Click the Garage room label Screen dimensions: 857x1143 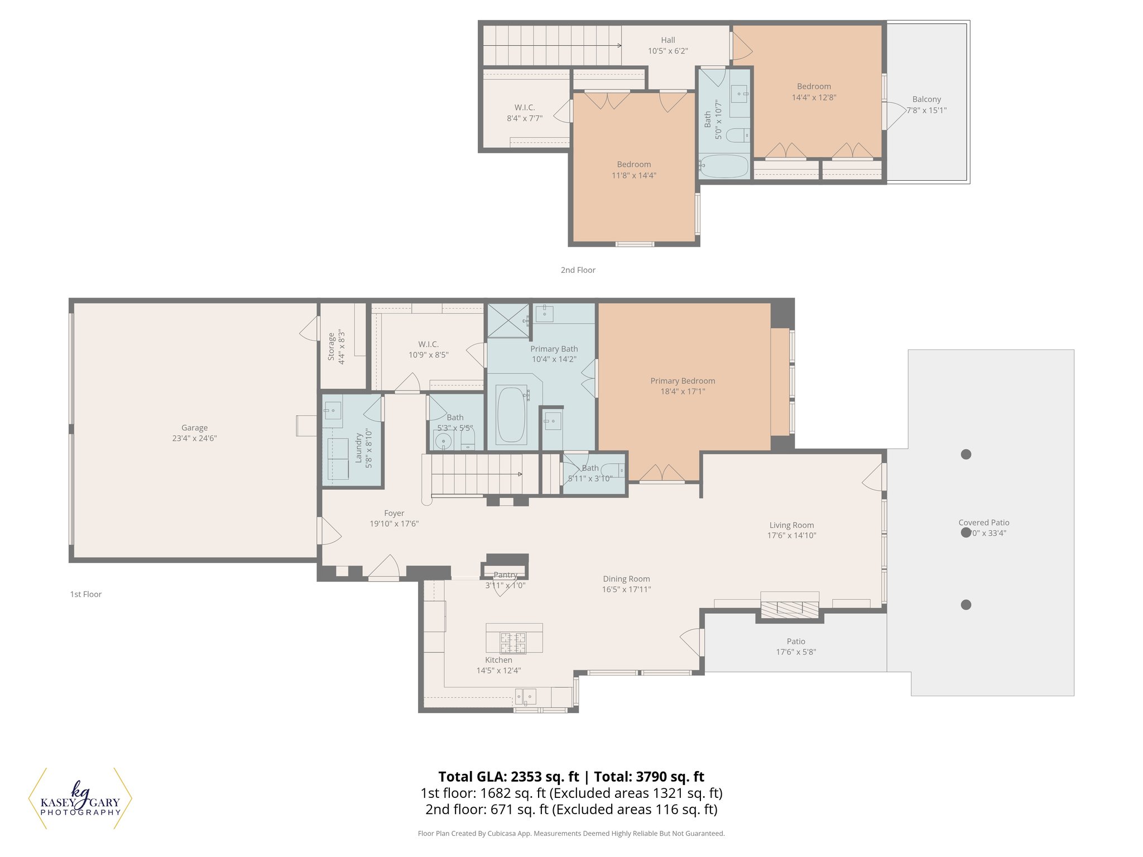[194, 428]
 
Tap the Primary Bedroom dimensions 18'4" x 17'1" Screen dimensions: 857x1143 [683, 392]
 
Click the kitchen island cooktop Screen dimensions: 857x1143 [513, 642]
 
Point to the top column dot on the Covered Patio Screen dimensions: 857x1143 [966, 454]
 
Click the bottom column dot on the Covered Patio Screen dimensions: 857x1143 [966, 605]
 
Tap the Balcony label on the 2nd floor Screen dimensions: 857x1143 [926, 99]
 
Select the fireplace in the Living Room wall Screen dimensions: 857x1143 [790, 609]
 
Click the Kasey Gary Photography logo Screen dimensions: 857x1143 [80, 800]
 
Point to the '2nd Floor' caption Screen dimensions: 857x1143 [578, 270]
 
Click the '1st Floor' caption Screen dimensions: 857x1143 [86, 594]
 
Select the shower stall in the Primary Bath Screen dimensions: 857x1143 [508, 320]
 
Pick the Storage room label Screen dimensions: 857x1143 [332, 346]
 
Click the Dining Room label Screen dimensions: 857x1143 [626, 579]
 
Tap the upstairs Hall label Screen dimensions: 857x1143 [668, 40]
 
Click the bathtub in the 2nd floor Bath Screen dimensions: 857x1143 [724, 166]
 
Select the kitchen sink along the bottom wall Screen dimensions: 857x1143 [525, 696]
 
